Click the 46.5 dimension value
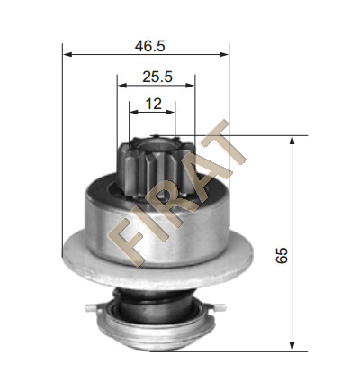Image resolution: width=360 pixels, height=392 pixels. [x=149, y=47]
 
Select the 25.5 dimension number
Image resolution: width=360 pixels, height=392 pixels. [x=157, y=77]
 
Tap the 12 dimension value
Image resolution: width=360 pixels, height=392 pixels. [x=153, y=104]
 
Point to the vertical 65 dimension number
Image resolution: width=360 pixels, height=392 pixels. [x=282, y=256]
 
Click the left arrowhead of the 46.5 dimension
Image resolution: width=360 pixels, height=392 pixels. [x=67, y=54]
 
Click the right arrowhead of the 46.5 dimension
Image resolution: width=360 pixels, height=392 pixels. [x=224, y=54]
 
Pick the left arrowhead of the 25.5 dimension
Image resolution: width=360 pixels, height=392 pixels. [x=122, y=86]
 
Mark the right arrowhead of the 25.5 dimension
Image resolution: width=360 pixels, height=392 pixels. [x=190, y=86]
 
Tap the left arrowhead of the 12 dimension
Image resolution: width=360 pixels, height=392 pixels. [x=134, y=112]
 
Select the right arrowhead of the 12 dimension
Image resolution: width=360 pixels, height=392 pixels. [x=170, y=112]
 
